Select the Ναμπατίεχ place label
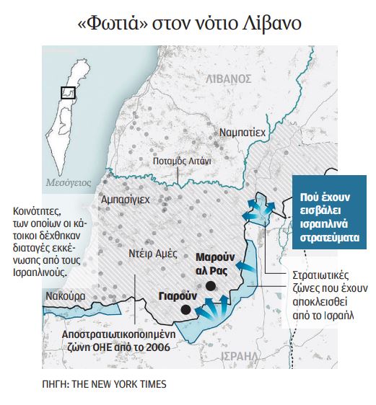point(242,133)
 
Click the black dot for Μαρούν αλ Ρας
point(210,286)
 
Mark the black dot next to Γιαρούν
point(185,309)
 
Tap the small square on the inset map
point(69,93)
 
